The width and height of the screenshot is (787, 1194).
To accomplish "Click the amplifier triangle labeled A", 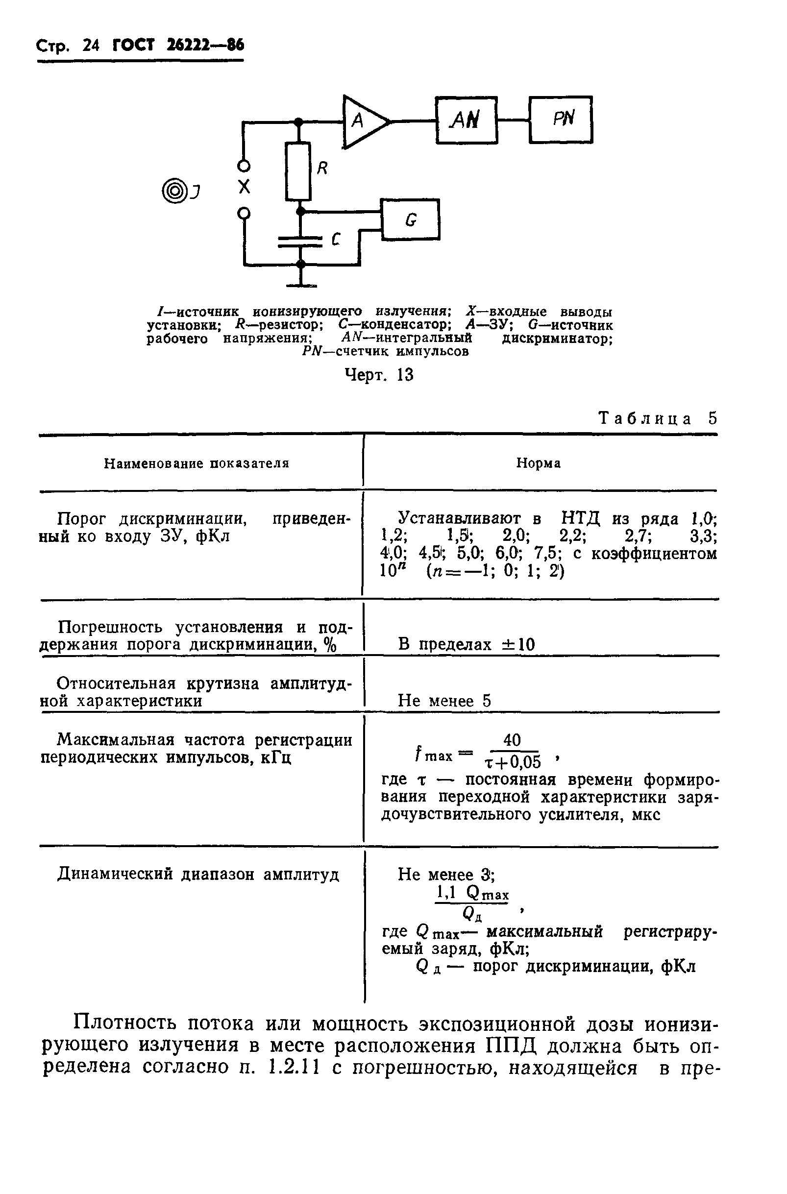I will click(x=362, y=122).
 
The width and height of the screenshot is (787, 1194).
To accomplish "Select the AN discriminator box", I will click(x=467, y=121).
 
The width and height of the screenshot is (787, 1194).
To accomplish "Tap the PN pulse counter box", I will click(x=561, y=120).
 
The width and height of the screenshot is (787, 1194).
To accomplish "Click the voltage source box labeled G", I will click(x=410, y=219).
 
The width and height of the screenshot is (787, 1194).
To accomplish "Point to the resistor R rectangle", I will click(x=298, y=171).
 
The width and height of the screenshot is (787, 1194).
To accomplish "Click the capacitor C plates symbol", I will click(x=300, y=242).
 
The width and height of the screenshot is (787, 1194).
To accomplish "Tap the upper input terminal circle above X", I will click(x=244, y=165).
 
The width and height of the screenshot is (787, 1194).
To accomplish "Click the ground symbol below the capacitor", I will click(x=301, y=285).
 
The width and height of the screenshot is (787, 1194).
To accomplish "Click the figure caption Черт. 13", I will click(x=379, y=375).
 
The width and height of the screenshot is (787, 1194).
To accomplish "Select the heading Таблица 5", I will click(x=658, y=418).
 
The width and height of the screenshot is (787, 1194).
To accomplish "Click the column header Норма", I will click(x=538, y=463).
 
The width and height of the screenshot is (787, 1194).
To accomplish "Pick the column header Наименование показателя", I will click(x=197, y=463).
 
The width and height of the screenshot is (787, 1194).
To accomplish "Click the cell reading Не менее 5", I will click(x=444, y=701).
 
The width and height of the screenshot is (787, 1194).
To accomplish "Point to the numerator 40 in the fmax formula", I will click(x=512, y=740).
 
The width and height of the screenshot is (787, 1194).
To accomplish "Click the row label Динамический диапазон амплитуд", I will click(x=198, y=875).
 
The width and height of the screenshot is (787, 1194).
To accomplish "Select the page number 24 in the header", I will click(x=91, y=46).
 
